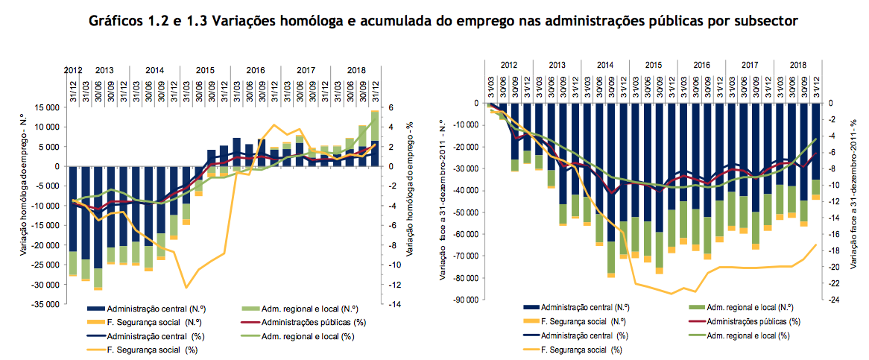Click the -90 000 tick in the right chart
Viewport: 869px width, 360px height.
click(462, 300)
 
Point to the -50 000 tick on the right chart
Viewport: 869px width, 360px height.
click(462, 212)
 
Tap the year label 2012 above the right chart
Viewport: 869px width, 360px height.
click(510, 66)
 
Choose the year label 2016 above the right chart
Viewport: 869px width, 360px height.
click(701, 66)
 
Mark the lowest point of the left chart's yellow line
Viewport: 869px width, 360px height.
click(186, 287)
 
